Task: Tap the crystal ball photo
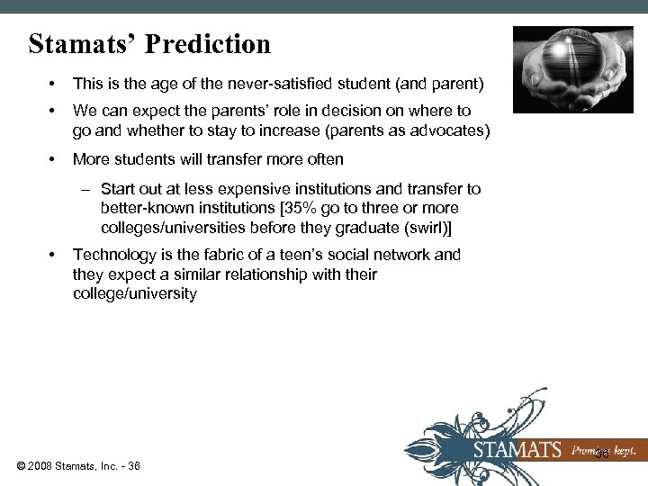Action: tap(572, 68)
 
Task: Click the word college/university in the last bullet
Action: tap(134, 294)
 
